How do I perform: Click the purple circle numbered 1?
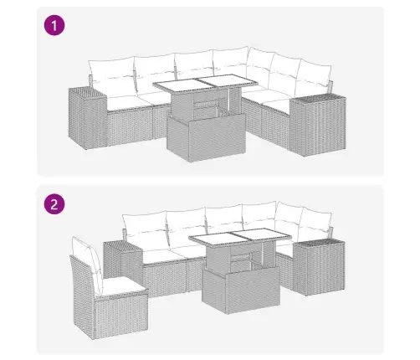pyautogui.click(x=54, y=25)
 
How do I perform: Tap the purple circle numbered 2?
pyautogui.click(x=54, y=204)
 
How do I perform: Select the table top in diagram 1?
pyautogui.click(x=205, y=83)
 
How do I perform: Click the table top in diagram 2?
pyautogui.click(x=240, y=237)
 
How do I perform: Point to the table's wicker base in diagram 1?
pyautogui.click(x=207, y=136)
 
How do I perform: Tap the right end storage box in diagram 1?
pyautogui.click(x=318, y=126)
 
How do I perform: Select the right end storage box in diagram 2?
pyautogui.click(x=319, y=266)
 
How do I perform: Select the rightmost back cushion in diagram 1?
pyautogui.click(x=314, y=76)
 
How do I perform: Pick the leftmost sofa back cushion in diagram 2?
pyautogui.click(x=145, y=229)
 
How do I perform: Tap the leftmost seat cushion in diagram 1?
pyautogui.click(x=127, y=102)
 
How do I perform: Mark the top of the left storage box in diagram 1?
pyautogui.click(x=87, y=92)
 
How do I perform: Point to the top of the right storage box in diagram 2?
pyautogui.click(x=319, y=243)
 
